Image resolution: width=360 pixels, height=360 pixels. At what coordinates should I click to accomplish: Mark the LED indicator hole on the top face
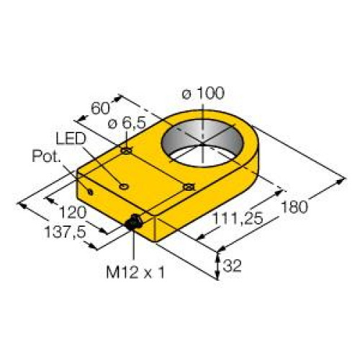pyautogui.click(x=125, y=186)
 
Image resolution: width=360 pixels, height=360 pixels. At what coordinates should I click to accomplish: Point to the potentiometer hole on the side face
pyautogui.click(x=89, y=192)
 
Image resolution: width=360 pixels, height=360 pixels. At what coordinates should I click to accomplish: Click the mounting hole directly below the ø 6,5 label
pyautogui.click(x=126, y=150)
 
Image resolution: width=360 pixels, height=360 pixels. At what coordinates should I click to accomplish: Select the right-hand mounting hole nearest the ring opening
pyautogui.click(x=189, y=188)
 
